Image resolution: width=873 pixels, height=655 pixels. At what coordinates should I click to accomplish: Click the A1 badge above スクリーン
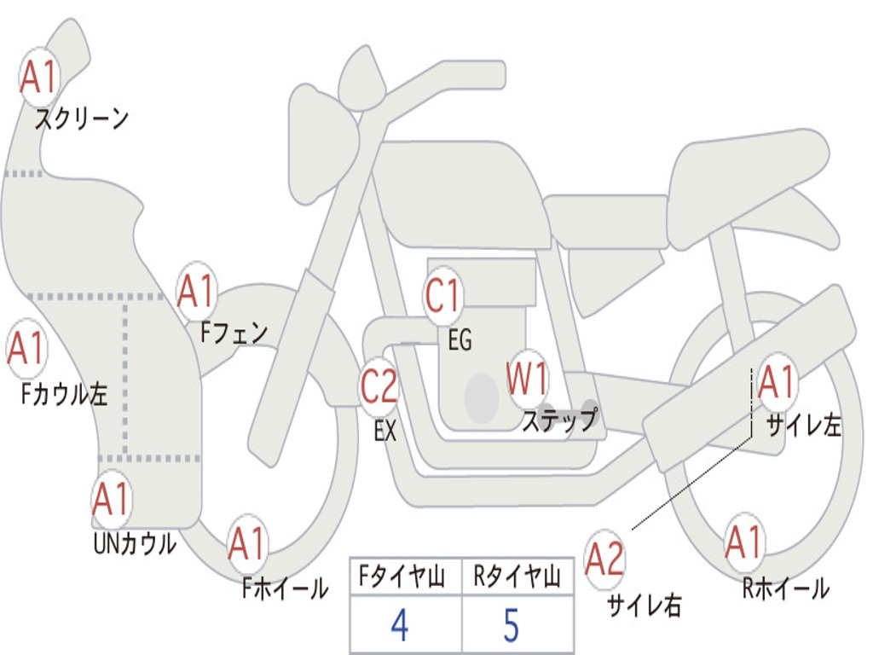[x=39, y=78]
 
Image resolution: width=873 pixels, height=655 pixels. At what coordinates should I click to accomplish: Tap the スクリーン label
[x=82, y=119]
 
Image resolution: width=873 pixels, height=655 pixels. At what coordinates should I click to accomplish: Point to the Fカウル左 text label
[x=64, y=394]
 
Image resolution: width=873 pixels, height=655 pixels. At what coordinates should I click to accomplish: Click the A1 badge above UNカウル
[x=112, y=500]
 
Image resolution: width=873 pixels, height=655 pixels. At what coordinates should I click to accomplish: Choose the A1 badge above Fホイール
[x=248, y=543]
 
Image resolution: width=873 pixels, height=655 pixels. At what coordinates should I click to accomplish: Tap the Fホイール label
[x=286, y=588]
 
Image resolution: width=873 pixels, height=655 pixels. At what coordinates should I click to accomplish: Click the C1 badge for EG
[x=443, y=295]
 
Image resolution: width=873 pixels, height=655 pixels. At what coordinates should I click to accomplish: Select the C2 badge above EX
[x=379, y=386]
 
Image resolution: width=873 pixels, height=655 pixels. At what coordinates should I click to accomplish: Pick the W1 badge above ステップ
[x=527, y=379]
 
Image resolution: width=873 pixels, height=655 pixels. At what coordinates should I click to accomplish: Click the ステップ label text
[x=560, y=420]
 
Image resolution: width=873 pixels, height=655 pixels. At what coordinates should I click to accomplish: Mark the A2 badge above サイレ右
[x=604, y=559]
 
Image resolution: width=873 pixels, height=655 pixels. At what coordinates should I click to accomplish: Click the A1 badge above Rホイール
[x=743, y=542]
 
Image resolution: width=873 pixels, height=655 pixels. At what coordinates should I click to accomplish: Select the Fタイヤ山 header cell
[x=406, y=576]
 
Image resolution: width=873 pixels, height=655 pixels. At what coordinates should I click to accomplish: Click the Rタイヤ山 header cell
[x=518, y=576]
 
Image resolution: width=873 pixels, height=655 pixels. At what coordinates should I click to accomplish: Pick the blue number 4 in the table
[x=400, y=625]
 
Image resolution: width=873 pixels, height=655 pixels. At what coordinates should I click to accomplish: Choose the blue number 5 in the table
[x=512, y=625]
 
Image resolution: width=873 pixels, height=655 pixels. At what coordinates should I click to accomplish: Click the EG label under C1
[x=460, y=339]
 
